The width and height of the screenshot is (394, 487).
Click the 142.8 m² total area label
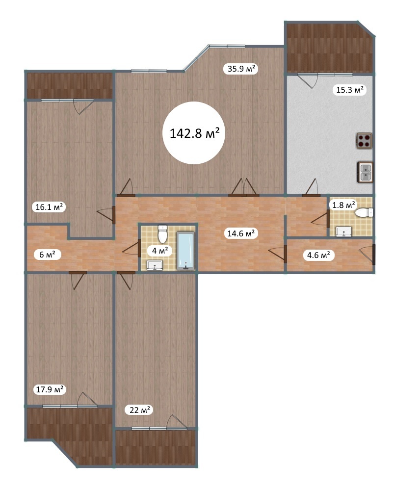coord(194,133)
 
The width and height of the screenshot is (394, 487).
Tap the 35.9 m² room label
coord(241,68)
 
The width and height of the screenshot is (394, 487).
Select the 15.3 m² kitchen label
coord(350,90)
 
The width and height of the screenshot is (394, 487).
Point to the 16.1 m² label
coord(49,206)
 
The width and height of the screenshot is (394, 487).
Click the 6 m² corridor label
coord(47,255)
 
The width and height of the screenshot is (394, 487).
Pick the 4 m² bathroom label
coord(160,250)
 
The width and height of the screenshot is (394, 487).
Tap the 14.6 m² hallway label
coord(241,233)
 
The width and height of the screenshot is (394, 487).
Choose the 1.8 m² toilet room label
coord(343,205)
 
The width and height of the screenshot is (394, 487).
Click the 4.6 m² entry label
coord(318,256)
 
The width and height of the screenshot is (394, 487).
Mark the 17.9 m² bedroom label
coord(50,389)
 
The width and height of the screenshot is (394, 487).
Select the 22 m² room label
coord(139,410)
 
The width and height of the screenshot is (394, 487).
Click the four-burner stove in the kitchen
coord(364,140)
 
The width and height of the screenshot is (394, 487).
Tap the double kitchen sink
coord(366,172)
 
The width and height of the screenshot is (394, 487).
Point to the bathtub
coord(186,251)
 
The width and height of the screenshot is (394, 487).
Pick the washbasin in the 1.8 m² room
coord(343,231)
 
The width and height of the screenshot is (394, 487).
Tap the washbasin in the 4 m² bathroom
coord(155,265)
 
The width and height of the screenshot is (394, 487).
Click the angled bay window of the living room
coord(196,58)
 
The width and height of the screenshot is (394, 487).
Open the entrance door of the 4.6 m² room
coord(373,255)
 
